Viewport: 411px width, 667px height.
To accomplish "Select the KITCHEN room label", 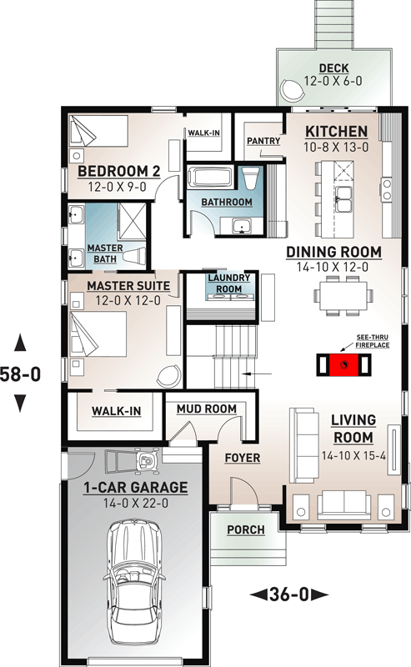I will point(335,132).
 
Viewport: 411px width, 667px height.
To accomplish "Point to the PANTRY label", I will point(263,142).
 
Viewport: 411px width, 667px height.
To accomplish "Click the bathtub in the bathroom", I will point(212,179).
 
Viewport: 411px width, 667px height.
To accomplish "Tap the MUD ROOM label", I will point(206,409).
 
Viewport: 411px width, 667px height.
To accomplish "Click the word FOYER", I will point(243,458).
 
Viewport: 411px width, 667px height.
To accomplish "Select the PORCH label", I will point(245,529).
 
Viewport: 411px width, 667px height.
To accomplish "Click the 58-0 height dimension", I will point(21,374).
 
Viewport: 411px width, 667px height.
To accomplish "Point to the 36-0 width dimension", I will point(288,594).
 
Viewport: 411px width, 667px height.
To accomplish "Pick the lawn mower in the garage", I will point(144,459).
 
